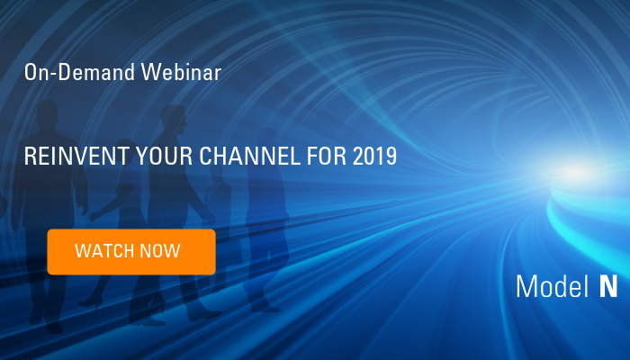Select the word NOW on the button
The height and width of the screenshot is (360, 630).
click(x=160, y=251)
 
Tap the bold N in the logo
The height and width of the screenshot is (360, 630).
click(x=607, y=286)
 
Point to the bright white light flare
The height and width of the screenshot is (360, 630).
click(x=576, y=171)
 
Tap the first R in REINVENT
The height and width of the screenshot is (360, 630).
click(x=30, y=157)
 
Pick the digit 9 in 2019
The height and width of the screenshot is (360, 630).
click(x=391, y=157)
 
